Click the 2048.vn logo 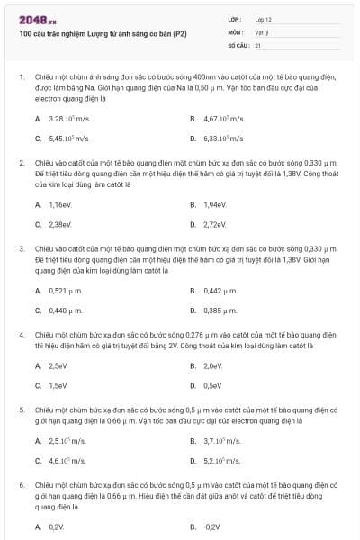point(38,19)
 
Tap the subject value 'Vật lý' point(262,31)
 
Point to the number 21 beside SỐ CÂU point(258,44)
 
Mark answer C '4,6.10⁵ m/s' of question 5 point(67,461)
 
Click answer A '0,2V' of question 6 point(57,526)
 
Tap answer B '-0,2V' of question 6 point(212,526)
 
